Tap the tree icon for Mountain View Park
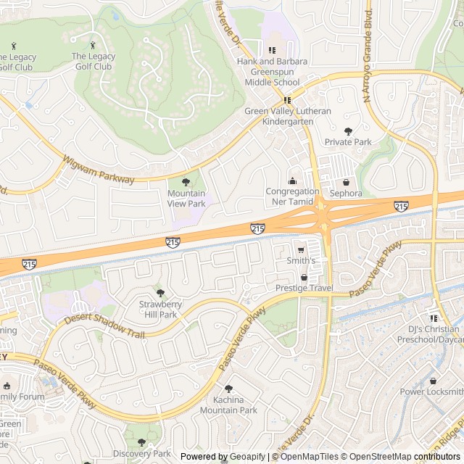pos(186,182)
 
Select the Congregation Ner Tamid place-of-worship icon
pos(292,180)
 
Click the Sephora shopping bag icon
pos(346,182)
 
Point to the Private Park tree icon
pos(348,130)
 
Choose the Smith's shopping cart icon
pos(301,249)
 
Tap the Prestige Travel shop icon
pos(304,277)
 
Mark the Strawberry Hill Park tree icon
pos(158,292)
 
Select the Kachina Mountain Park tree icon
pos(229,389)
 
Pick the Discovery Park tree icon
pos(141,442)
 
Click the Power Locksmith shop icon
pos(433,381)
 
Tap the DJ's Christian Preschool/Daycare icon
pos(434,318)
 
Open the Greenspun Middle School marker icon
pos(273,50)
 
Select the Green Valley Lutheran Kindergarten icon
pos(288,100)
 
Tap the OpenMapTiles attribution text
pos(305,457)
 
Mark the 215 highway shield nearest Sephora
pos(401,207)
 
